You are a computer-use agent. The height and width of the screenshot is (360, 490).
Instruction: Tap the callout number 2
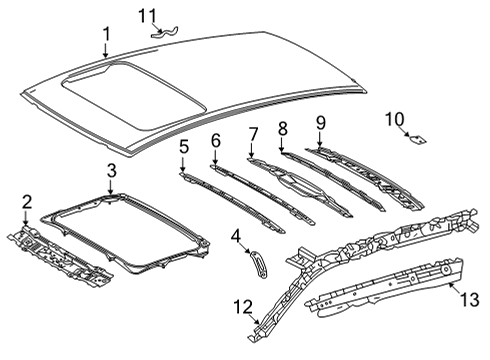click(x=27, y=201)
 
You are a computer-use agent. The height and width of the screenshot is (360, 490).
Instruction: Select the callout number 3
click(x=111, y=170)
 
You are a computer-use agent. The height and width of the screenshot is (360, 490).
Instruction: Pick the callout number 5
click(x=183, y=147)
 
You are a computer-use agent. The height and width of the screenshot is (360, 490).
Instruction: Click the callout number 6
click(x=215, y=141)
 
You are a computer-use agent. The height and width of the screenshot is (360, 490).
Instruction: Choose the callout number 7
click(x=253, y=132)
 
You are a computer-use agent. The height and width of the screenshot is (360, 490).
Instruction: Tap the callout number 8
click(x=282, y=127)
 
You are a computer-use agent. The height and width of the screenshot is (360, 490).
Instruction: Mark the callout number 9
click(x=320, y=123)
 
